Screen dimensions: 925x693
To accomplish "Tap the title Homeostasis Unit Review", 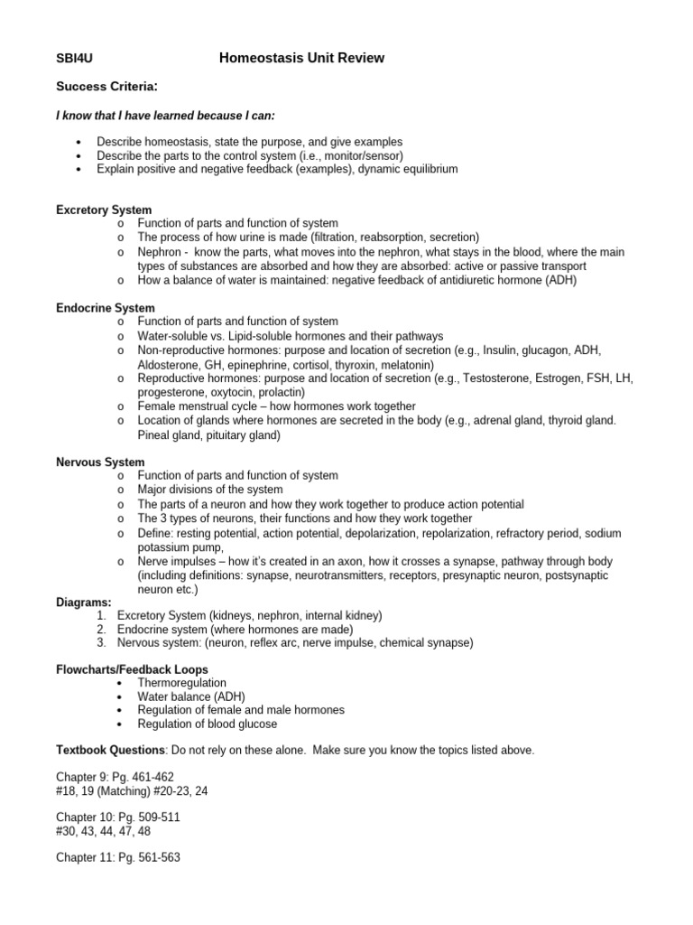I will click(301, 59).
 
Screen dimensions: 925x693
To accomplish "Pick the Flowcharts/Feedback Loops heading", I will click(132, 669).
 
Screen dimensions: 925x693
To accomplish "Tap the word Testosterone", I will click(513, 378).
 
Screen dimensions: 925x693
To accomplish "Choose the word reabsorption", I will click(385, 238).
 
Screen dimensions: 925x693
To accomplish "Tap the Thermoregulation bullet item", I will click(181, 683).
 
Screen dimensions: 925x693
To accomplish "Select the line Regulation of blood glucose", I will click(208, 724).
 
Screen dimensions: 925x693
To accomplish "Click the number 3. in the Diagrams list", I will click(101, 643).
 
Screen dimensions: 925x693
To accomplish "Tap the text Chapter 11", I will click(87, 857).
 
